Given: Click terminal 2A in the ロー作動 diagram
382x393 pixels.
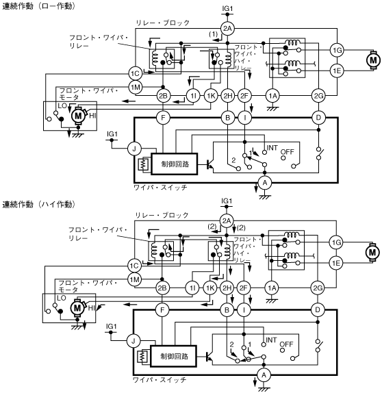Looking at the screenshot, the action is pyautogui.click(x=227, y=29).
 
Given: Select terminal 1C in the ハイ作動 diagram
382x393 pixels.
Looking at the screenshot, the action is pyautogui.click(x=134, y=266).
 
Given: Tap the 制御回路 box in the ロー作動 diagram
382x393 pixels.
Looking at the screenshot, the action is pyautogui.click(x=175, y=164).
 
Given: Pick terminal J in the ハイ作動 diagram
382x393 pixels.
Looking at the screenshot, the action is pyautogui.click(x=133, y=341).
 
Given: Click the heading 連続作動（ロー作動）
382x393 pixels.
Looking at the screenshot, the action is pyautogui.click(x=38, y=6).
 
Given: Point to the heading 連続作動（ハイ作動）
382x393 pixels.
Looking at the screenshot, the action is pyautogui.click(x=38, y=204).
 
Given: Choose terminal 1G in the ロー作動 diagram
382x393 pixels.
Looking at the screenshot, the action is pyautogui.click(x=337, y=50).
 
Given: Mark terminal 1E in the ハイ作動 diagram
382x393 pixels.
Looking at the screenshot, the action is pyautogui.click(x=336, y=263).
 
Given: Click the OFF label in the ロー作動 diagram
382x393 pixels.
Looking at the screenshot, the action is pyautogui.click(x=288, y=151).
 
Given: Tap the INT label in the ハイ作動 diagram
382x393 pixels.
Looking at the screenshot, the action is pyautogui.click(x=271, y=340).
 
